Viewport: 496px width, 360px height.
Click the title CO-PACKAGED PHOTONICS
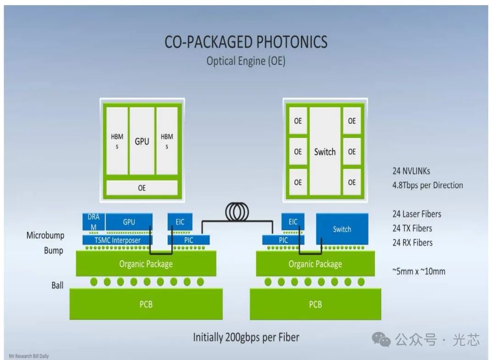pyautogui.click(x=246, y=42)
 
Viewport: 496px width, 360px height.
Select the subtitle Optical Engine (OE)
pyautogui.click(x=246, y=61)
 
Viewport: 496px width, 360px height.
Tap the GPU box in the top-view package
pyautogui.click(x=142, y=141)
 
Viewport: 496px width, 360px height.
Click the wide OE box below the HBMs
pyautogui.click(x=142, y=188)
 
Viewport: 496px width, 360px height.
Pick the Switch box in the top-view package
pyautogui.click(x=325, y=152)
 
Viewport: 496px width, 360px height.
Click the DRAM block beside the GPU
pyautogui.click(x=94, y=222)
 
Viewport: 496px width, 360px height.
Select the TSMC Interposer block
pyautogui.click(x=118, y=240)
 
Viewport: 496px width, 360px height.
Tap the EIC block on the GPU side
pyautogui.click(x=180, y=222)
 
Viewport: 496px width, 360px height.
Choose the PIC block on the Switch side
pyautogui.click(x=283, y=240)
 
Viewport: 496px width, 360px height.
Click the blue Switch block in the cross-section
pyautogui.click(x=342, y=229)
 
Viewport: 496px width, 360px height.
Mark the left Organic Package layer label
pyautogui.click(x=146, y=264)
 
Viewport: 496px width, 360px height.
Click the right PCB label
pyautogui.click(x=315, y=304)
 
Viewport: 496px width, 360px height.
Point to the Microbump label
pyautogui.click(x=45, y=236)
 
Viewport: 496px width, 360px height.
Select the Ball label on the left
pyautogui.click(x=57, y=285)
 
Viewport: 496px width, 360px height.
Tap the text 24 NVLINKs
pyautogui.click(x=411, y=171)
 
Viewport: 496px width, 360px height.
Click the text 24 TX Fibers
pyautogui.click(x=412, y=228)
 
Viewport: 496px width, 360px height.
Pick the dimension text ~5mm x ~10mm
pyautogui.click(x=419, y=271)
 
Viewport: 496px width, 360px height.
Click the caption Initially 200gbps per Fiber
pyautogui.click(x=246, y=337)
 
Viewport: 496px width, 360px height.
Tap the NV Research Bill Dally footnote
pyautogui.click(x=28, y=356)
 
